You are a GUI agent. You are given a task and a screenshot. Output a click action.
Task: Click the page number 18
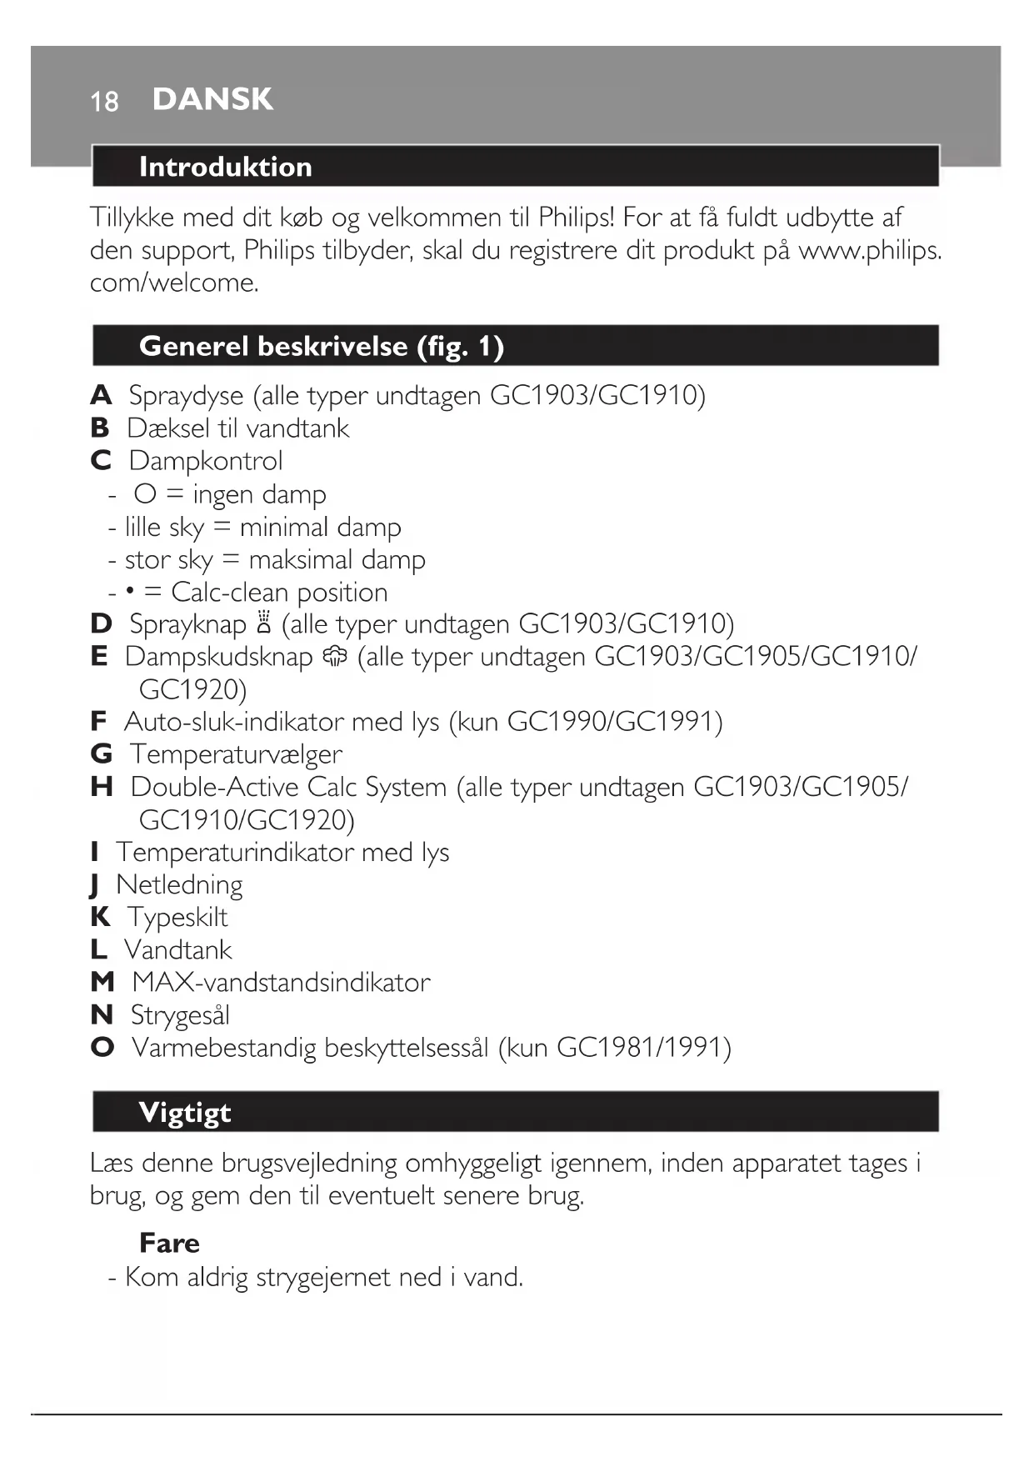[104, 102]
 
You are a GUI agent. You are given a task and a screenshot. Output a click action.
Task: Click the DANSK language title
[212, 99]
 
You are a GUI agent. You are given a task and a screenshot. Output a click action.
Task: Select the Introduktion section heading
[225, 167]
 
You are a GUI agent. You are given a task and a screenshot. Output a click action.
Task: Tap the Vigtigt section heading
[185, 1112]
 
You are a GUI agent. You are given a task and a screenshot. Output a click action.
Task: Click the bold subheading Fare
[169, 1243]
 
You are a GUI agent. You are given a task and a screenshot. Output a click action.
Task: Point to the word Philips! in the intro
[576, 218]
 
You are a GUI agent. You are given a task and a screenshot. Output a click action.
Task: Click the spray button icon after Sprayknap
[265, 623]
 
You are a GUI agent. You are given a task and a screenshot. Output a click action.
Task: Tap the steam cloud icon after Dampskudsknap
[335, 657]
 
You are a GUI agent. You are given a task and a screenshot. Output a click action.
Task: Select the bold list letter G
[101, 754]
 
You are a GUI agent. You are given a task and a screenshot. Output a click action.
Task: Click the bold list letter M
[102, 982]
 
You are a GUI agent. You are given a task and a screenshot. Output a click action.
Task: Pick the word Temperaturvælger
[236, 754]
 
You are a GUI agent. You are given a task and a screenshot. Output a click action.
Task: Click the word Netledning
[179, 884]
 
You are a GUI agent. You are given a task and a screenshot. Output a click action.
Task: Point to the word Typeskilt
[177, 917]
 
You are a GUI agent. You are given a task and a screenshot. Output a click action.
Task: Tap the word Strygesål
[180, 1015]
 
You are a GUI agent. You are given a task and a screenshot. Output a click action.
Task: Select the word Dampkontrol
[206, 461]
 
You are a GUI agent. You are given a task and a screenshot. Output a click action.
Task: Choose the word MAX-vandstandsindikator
[281, 982]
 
